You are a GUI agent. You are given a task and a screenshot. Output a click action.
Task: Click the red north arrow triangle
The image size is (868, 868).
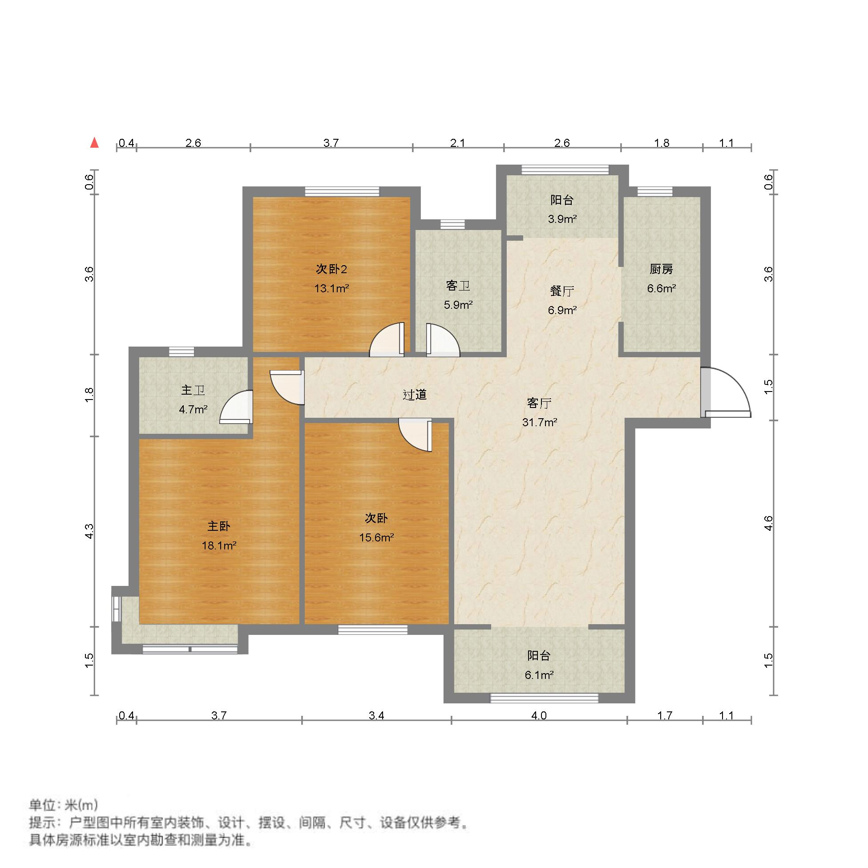(x=94, y=143)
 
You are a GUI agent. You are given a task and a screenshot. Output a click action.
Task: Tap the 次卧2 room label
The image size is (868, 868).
(x=331, y=269)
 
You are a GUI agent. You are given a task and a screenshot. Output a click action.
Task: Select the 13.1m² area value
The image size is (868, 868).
(x=331, y=288)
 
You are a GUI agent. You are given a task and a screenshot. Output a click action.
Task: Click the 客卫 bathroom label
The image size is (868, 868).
(x=458, y=286)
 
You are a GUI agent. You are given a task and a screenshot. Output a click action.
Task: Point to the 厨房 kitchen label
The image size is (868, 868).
(x=661, y=269)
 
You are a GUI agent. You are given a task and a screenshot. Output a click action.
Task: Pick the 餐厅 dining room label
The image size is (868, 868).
(x=561, y=291)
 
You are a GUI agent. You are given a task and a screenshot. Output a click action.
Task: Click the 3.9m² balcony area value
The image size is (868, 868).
(x=561, y=219)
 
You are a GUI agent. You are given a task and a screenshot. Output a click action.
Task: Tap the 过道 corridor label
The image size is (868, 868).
(x=414, y=395)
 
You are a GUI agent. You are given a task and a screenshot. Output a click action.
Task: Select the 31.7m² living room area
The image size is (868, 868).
(x=539, y=422)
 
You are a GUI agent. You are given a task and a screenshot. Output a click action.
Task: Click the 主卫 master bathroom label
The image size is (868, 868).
(x=193, y=390)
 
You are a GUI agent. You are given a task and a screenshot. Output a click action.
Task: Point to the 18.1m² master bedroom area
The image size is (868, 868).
(x=219, y=545)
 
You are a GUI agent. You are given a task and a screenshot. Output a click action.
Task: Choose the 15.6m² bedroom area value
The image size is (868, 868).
(x=376, y=537)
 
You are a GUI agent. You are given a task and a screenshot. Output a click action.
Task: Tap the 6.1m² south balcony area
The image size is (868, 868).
(x=539, y=675)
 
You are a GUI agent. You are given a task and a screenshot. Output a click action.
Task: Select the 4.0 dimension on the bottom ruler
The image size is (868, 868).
(x=539, y=715)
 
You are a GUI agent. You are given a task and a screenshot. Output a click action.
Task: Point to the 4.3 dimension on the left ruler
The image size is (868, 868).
(x=89, y=531)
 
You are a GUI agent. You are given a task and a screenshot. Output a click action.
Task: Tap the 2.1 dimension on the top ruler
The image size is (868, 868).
(x=457, y=143)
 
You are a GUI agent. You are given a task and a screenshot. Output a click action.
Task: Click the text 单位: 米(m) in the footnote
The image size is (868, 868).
(x=63, y=805)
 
